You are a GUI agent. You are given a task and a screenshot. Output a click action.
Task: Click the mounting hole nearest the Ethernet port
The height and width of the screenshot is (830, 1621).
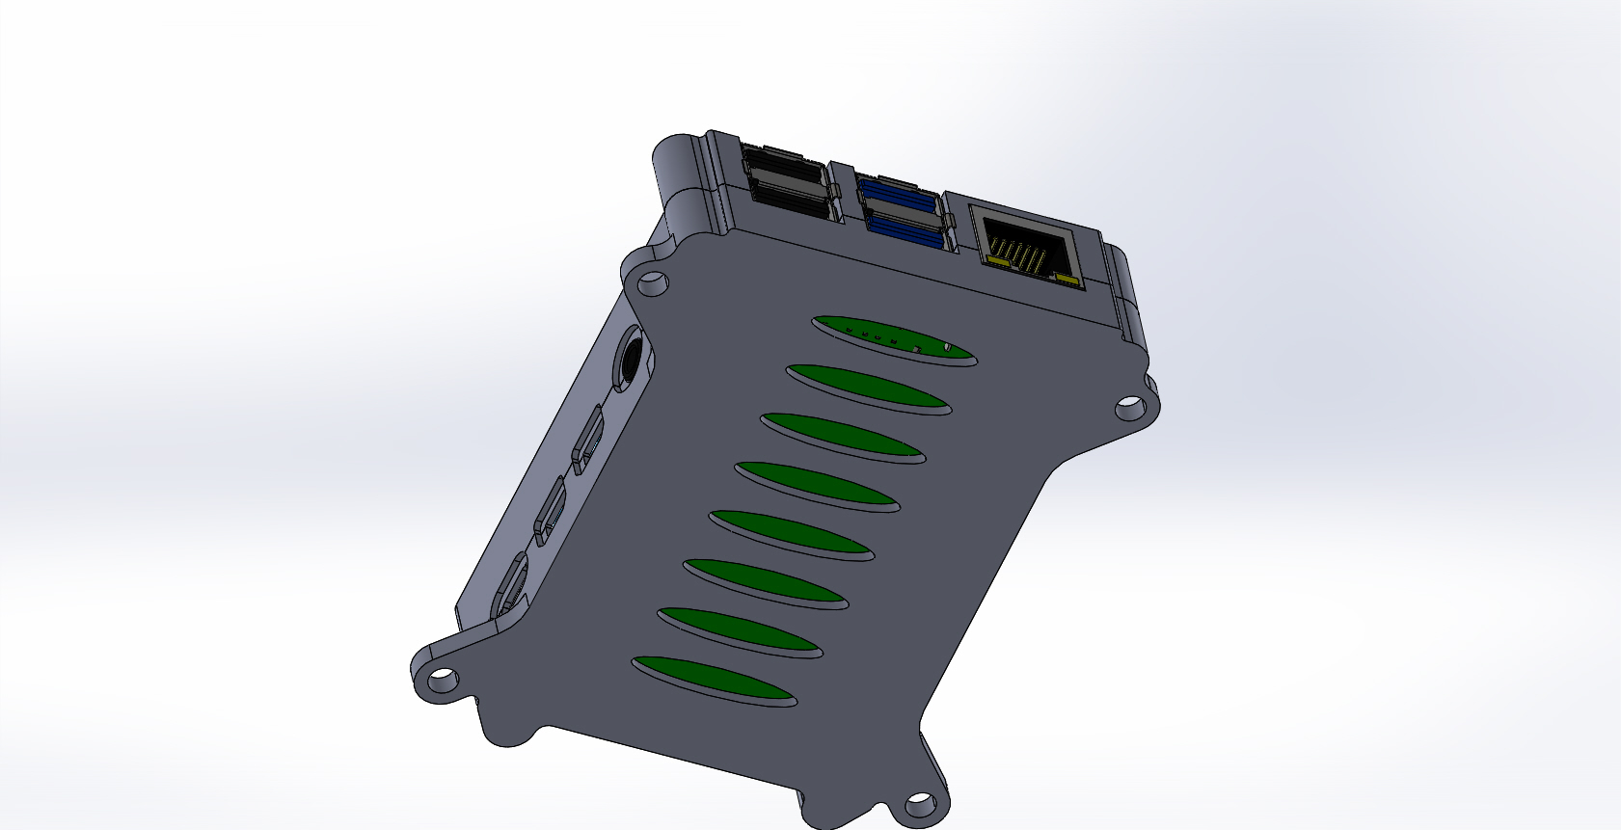[x=1129, y=410]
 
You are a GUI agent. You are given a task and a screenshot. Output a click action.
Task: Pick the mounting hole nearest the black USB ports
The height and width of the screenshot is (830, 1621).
[x=653, y=283]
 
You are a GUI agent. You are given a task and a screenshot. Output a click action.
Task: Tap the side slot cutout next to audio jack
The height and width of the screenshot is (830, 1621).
[x=588, y=439]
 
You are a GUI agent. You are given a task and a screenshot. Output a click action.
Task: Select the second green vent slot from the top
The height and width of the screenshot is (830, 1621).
[x=869, y=388]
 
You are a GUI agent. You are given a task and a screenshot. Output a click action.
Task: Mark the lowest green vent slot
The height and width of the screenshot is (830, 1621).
[x=714, y=681]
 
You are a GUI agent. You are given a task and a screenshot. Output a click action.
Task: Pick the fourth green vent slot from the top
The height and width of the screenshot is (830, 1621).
[x=817, y=486]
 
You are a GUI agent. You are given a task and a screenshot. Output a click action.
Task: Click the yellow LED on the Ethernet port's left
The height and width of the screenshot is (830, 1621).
[x=993, y=257]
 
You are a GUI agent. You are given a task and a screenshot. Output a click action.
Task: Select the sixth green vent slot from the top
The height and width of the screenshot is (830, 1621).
[x=766, y=583]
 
